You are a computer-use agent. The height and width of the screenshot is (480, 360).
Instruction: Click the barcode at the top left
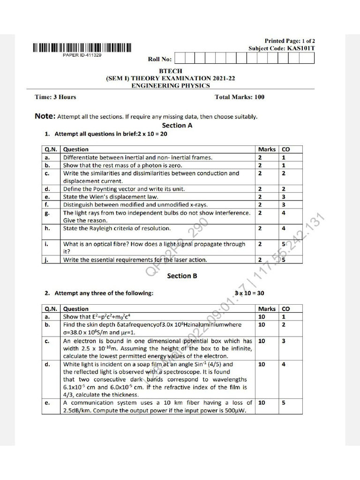[x=82, y=47]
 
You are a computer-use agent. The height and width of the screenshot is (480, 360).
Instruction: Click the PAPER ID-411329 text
[x=82, y=55]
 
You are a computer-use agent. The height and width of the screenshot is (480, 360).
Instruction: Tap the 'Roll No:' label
[x=160, y=59]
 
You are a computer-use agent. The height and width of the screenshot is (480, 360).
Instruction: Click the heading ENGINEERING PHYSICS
[x=170, y=86]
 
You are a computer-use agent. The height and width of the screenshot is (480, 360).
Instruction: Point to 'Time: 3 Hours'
[x=55, y=97]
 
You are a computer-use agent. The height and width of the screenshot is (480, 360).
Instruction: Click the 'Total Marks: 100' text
[x=239, y=97]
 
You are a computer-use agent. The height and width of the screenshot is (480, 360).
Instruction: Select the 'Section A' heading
[x=177, y=126]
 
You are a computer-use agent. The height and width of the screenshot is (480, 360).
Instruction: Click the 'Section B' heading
[x=179, y=276]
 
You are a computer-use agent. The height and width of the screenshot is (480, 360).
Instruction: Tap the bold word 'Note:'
[x=45, y=116]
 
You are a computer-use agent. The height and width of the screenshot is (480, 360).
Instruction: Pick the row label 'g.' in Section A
[x=47, y=213]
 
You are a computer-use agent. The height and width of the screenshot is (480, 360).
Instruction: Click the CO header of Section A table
[x=286, y=150]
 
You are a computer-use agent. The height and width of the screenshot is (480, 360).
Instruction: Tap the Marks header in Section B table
[x=267, y=309]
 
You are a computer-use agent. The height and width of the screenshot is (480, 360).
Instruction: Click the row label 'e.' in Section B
[x=47, y=403]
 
